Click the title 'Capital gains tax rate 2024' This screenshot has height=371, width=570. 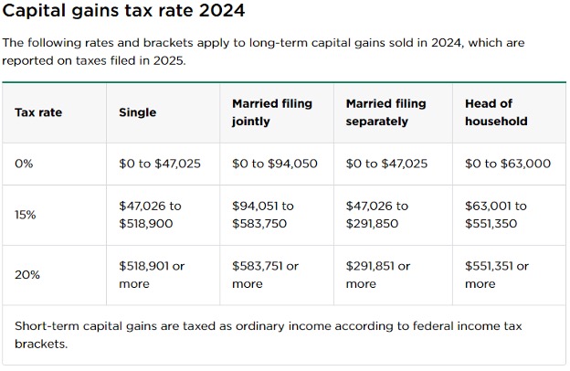point(124,13)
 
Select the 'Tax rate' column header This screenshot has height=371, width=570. point(38,112)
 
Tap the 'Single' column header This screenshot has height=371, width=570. point(137,112)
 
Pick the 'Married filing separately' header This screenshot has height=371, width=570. point(386,112)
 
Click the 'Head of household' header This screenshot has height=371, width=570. point(496,112)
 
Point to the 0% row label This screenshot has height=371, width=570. point(24,164)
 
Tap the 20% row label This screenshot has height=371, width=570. point(26,275)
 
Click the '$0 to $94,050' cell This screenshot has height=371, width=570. point(275,164)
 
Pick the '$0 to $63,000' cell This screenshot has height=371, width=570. point(508,164)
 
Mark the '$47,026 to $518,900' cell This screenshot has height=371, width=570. point(151,215)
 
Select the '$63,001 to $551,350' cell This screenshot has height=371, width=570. point(496,215)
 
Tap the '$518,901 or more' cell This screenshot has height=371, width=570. point(152,275)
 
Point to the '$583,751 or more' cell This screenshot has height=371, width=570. point(265,275)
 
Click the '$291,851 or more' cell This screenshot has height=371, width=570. point(378,275)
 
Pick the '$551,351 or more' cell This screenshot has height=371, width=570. point(497,275)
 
